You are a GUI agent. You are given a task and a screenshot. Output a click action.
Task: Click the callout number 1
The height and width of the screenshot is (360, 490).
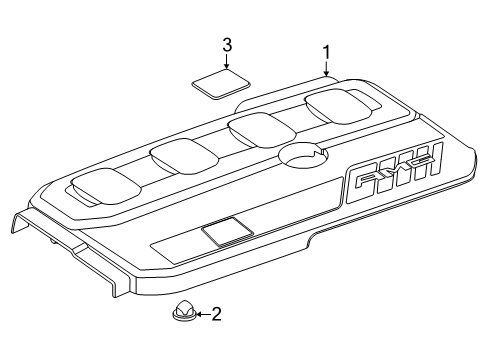coord(326,53)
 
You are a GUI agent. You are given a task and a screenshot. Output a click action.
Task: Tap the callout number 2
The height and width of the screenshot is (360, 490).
coord(217,314)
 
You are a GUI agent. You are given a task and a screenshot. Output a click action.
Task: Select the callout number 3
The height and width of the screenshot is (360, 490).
coord(227,45)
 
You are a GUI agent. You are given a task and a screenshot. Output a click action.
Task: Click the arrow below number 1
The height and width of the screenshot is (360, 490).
coord(326,69)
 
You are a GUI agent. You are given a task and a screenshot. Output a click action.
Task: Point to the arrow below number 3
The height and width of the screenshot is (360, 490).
coord(227,61)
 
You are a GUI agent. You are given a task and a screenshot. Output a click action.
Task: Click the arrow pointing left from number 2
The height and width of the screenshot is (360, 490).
coord(204,314)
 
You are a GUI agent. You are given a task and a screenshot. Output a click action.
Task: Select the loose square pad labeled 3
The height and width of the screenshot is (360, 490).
coord(221,84)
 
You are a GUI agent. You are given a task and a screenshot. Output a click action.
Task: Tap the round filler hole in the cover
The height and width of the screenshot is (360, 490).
coord(303,156)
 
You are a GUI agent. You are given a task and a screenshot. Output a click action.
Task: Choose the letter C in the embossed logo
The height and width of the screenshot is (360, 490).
coord(418,162)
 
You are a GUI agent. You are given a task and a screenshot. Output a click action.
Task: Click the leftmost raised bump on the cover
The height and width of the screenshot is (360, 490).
coord(106,186)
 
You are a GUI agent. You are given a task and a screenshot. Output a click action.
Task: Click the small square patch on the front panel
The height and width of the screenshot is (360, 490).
coord(227,231)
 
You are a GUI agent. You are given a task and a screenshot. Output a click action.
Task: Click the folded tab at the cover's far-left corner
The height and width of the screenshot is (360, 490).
coord(21,223)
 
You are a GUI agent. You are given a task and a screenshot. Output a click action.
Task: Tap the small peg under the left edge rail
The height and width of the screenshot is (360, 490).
coord(53,241)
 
